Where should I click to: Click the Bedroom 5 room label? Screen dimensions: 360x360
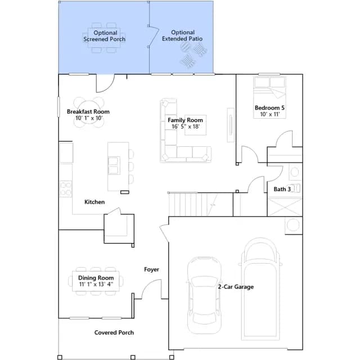pos(269,107)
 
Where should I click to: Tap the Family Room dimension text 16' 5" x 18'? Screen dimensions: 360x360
pos(186,127)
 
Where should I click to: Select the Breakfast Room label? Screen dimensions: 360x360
pos(88,111)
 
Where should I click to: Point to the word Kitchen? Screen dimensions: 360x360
pos(94,202)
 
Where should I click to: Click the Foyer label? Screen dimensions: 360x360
pos(151,269)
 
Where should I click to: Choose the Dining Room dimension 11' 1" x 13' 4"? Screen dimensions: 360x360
pos(96,284)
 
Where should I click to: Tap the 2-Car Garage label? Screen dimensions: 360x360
pos(236,287)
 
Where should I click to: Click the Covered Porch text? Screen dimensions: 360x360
pos(114,332)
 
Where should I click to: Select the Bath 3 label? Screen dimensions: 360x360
pos(282,189)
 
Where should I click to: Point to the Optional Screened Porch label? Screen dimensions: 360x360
pos(105,36)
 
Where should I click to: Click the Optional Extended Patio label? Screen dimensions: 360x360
pos(182,35)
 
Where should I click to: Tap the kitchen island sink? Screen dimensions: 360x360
pos(114,165)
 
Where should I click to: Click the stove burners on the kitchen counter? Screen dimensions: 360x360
pos(66,189)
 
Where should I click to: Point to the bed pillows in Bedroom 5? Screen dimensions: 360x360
pos(269,82)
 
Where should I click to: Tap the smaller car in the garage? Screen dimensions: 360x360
pos(204,295)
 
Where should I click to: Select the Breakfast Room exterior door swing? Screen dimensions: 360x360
pos(105,83)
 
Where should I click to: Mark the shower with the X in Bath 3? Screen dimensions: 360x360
pos(285,206)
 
